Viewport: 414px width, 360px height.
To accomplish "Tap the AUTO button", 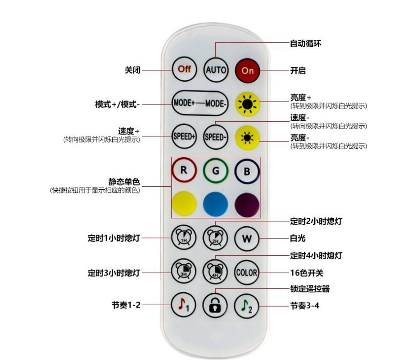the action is coord(216,70).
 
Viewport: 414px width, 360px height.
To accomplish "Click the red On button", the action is coord(247,70).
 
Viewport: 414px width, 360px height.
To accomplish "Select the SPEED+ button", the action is coord(184,136).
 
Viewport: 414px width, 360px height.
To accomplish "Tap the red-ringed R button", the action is coord(184,171).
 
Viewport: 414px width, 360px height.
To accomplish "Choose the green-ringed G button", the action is coord(216,171).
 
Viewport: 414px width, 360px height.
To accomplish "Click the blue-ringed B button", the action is coord(247,171).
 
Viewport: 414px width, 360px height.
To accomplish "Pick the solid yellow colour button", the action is coord(184,204).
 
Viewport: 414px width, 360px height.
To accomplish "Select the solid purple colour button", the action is coord(247,204).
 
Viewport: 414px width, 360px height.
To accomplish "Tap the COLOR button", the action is coord(247,272).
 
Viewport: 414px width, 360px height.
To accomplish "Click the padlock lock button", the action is coord(216,306).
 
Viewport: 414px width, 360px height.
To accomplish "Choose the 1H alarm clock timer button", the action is coord(184,238).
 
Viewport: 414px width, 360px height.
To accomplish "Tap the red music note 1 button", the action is coord(184,306).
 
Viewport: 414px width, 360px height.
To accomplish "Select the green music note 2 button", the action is coord(247,306).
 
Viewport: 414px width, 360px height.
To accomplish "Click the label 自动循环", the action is coord(306,44).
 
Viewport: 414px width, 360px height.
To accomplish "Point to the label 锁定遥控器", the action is coord(310,289).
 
